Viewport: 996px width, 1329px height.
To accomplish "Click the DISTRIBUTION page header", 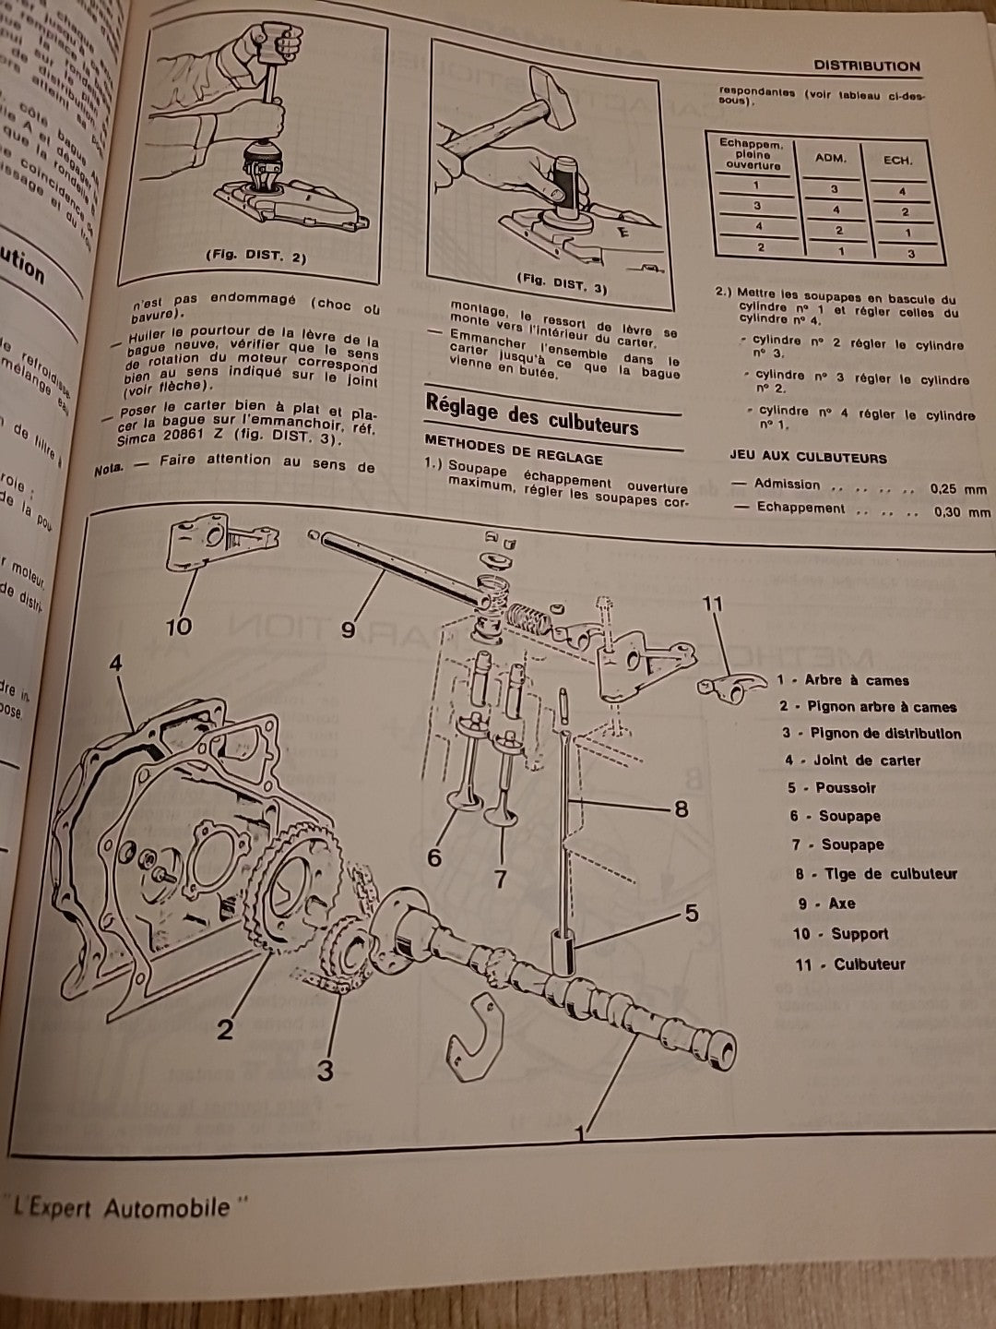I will click(x=866, y=66).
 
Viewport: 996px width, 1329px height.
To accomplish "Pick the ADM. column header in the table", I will click(x=830, y=159).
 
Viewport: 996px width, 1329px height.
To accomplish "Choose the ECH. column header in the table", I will click(x=897, y=161).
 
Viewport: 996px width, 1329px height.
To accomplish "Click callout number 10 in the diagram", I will click(x=178, y=626).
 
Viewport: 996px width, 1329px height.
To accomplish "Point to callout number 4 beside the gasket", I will click(x=115, y=664).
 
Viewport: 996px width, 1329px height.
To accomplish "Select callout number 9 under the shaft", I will click(x=348, y=629).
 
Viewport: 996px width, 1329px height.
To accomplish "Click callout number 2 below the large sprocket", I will click(x=226, y=1028).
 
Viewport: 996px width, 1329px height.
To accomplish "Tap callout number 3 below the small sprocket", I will click(x=325, y=1071).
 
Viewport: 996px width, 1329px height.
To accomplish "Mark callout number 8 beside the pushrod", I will click(x=681, y=809).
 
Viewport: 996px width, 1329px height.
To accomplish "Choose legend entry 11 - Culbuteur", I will click(x=849, y=964).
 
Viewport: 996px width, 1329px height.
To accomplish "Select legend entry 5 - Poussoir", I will click(x=832, y=788).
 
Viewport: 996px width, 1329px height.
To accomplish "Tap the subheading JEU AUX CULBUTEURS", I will click(x=808, y=458).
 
